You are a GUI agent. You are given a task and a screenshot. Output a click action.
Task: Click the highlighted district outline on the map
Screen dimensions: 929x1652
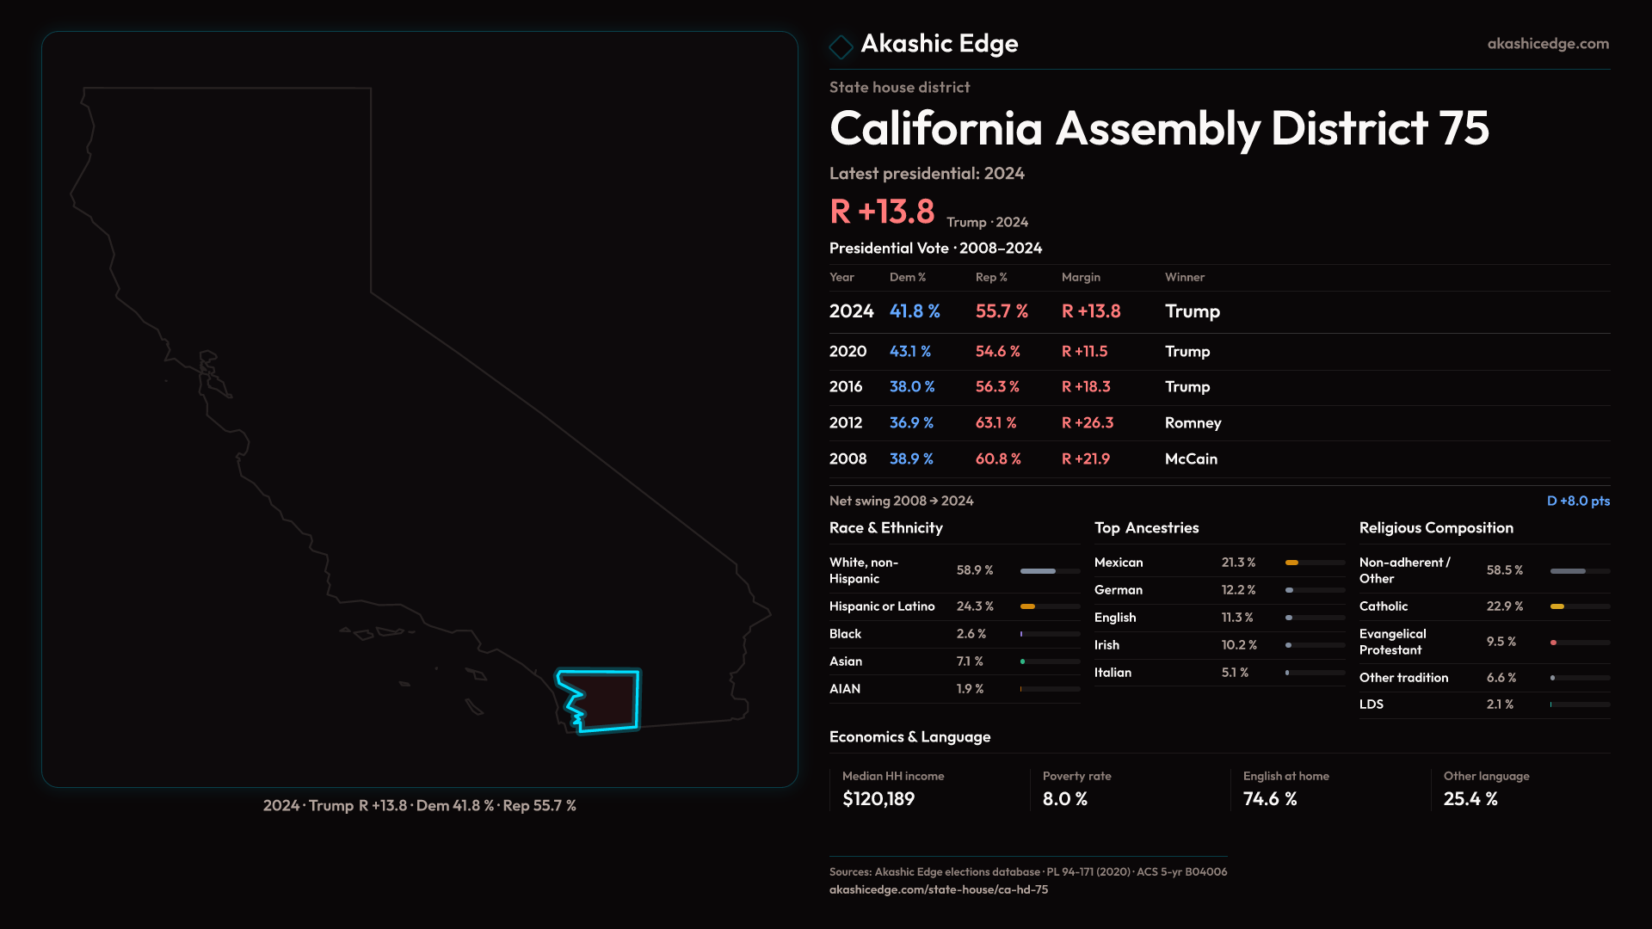pos(603,700)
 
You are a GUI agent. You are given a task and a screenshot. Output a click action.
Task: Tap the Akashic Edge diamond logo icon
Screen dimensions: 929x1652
pos(841,46)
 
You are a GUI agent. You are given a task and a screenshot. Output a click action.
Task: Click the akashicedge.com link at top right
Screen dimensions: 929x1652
pos(1547,44)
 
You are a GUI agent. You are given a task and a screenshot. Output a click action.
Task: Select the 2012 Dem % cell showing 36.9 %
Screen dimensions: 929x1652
pos(911,423)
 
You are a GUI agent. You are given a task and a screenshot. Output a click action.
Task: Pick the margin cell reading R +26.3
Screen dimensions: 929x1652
pos(1087,423)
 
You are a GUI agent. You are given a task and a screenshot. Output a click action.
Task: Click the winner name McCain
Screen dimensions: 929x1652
pos(1191,459)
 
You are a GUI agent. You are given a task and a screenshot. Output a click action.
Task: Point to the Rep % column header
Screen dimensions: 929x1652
pos(990,277)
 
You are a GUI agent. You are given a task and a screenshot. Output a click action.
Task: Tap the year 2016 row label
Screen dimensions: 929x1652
pos(846,387)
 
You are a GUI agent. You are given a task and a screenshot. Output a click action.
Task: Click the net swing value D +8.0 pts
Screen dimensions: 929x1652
pos(1578,501)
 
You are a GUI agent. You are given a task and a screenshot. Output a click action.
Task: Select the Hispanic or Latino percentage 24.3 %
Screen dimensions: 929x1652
pos(975,606)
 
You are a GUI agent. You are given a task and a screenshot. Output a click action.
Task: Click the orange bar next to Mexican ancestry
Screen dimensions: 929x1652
pos(1291,563)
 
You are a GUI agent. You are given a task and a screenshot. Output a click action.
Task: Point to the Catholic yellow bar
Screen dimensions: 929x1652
pos(1557,606)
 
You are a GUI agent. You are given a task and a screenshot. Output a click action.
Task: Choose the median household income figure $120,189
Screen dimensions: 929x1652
pos(878,799)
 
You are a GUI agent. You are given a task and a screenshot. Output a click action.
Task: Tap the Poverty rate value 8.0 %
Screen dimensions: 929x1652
pos(1065,799)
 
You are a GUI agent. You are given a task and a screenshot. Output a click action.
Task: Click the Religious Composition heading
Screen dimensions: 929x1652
pos(1436,528)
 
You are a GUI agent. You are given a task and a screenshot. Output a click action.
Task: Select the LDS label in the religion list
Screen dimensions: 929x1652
pos(1372,704)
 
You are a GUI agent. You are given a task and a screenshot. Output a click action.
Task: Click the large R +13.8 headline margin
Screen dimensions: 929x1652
pos(882,212)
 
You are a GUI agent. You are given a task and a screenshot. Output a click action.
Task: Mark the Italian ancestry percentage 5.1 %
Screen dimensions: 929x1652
pos(1235,673)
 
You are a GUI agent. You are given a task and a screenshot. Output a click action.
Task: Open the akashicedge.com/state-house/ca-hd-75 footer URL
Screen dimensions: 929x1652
pos(939,889)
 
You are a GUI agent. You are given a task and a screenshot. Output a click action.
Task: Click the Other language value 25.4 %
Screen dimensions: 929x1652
pos(1470,799)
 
